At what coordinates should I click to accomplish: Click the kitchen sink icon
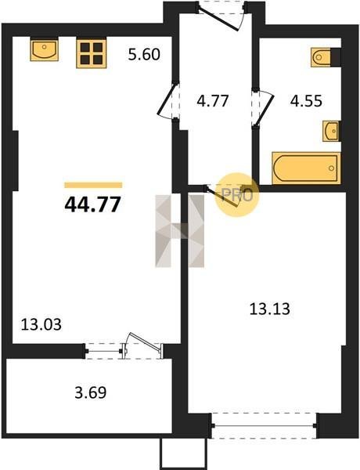click(x=45, y=50)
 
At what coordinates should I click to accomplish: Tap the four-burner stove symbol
click(x=92, y=53)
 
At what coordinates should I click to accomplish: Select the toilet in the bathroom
click(x=326, y=57)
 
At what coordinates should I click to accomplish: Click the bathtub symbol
click(x=306, y=168)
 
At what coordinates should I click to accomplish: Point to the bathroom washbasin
click(x=331, y=131)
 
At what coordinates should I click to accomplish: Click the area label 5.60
click(x=144, y=55)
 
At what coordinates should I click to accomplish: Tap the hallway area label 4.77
click(x=213, y=101)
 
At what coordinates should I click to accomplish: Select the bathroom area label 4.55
click(x=306, y=101)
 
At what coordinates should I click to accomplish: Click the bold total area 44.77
click(x=92, y=204)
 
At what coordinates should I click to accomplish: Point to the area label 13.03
click(x=41, y=324)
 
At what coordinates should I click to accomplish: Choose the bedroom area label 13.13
click(x=269, y=309)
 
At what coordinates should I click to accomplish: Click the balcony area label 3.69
click(x=91, y=392)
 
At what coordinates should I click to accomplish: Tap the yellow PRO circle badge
click(x=237, y=195)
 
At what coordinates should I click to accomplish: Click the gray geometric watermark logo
click(x=180, y=231)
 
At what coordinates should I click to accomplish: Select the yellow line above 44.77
click(x=93, y=185)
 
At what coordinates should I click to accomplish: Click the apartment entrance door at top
click(x=221, y=15)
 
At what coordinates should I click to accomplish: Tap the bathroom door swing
click(x=263, y=107)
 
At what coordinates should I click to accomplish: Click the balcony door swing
click(x=144, y=345)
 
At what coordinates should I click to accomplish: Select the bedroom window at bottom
click(x=264, y=425)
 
